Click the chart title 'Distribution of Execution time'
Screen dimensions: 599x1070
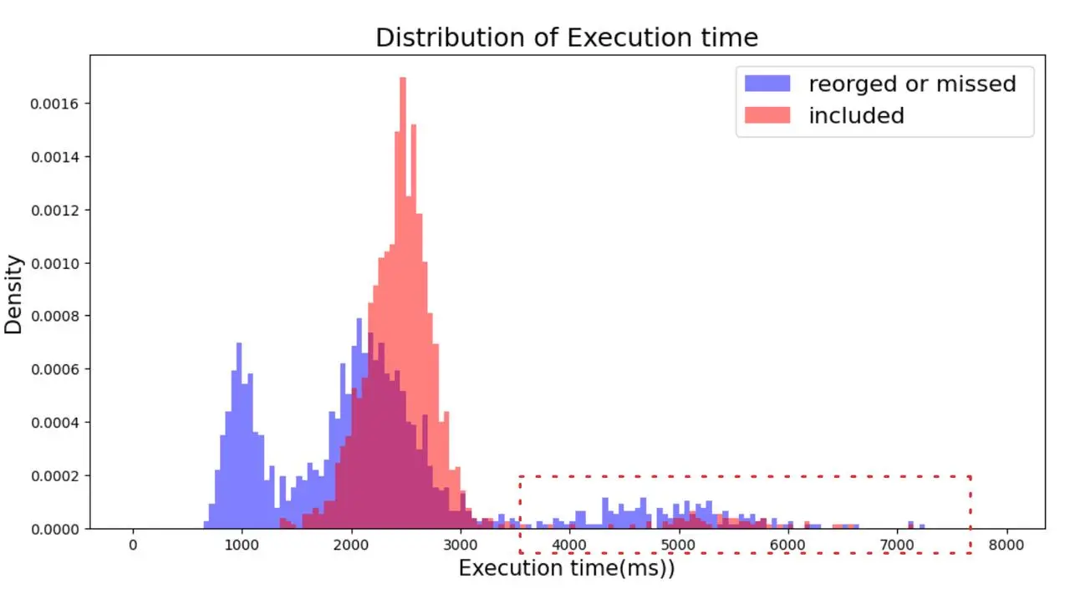click(566, 38)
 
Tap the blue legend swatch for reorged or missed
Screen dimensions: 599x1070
click(767, 84)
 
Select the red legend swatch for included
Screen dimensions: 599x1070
click(767, 115)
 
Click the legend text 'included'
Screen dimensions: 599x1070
click(856, 116)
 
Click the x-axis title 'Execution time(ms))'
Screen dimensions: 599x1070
click(566, 569)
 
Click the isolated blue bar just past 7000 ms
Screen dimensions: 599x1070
click(910, 525)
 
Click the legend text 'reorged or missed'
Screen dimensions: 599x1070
click(912, 84)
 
